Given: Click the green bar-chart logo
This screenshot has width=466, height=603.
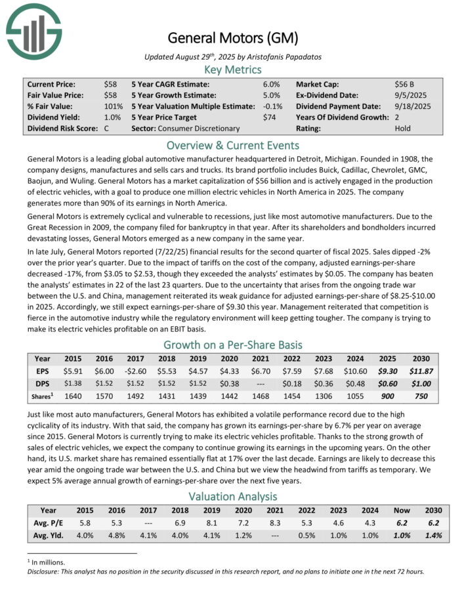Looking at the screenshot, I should (x=33, y=30).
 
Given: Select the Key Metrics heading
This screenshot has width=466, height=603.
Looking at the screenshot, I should (x=232, y=70).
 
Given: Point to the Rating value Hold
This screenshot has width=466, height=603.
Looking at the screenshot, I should (x=402, y=128).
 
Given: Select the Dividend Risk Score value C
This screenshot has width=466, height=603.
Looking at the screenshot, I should (x=106, y=128).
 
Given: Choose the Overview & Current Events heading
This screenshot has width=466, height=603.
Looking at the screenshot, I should (x=232, y=145).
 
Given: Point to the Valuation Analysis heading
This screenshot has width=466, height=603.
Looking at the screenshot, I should (x=232, y=496).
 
